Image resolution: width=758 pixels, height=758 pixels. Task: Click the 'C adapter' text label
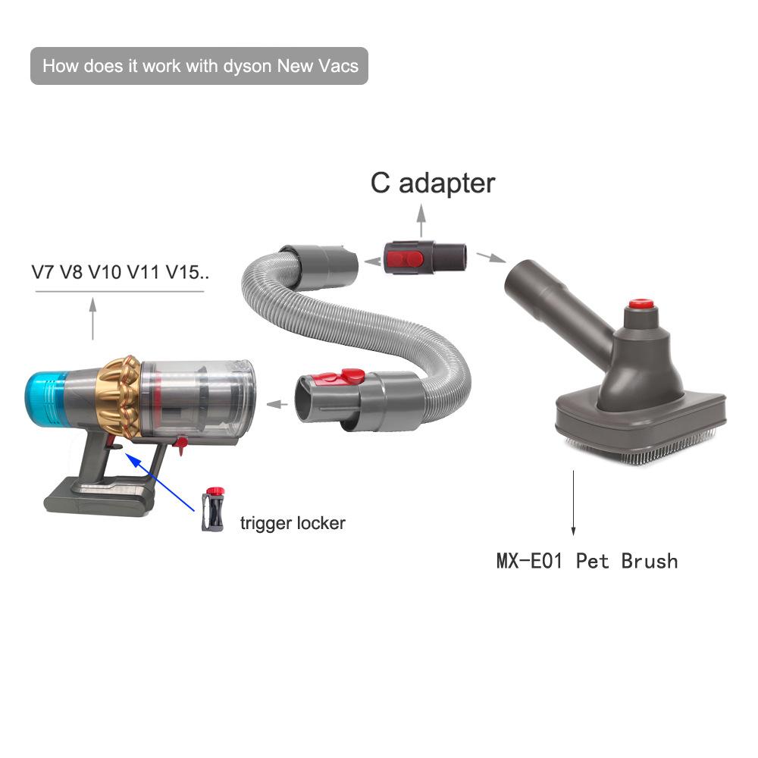[x=433, y=183]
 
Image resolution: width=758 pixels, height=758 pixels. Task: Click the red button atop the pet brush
[x=641, y=305]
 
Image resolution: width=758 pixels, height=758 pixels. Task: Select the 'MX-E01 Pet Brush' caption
[x=587, y=561]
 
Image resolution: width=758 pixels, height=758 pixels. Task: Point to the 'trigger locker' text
[x=293, y=523]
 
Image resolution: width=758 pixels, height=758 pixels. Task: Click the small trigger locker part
[x=213, y=509]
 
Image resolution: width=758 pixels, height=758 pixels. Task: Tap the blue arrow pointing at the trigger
[x=159, y=481]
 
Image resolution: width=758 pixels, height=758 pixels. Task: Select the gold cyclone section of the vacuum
[x=119, y=396]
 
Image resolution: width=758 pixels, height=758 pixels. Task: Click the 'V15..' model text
[x=187, y=273]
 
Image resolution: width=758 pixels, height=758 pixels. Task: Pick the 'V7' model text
[x=42, y=273]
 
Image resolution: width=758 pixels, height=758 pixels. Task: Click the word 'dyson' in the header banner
[x=246, y=67]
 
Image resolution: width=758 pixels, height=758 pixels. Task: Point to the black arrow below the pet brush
[x=573, y=503]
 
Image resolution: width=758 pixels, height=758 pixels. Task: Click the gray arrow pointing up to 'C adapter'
[x=421, y=221]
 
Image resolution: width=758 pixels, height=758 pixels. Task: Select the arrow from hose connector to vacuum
[x=277, y=404]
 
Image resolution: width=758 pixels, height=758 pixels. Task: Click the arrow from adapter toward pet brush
[x=491, y=257]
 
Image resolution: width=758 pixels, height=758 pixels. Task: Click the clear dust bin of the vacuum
[x=197, y=399]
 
